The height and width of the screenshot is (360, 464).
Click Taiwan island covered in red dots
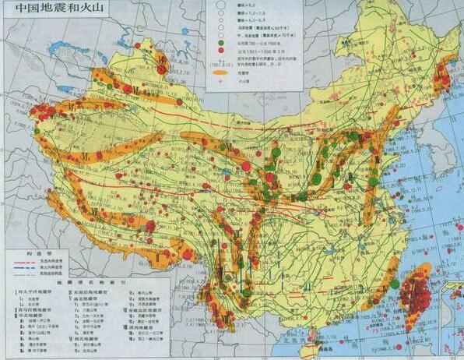click(x=417, y=292)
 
